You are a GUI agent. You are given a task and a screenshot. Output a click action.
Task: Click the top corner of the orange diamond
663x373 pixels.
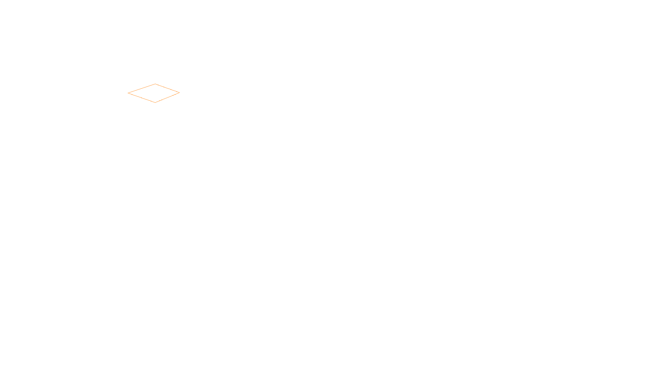click(155, 84)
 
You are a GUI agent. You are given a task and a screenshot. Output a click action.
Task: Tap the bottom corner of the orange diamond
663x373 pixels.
click(155, 102)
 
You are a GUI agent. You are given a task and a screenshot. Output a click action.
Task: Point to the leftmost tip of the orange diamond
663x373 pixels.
click(128, 93)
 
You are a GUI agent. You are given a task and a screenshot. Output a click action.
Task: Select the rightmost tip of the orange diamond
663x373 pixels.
click(179, 92)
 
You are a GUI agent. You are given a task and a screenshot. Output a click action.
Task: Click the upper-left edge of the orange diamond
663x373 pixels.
click(142, 89)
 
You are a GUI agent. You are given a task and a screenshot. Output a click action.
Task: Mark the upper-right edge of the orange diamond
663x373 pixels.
click(167, 88)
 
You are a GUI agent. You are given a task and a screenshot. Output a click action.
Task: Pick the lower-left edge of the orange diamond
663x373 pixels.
click(141, 98)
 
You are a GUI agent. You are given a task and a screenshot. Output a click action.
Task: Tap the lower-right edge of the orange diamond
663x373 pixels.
click(167, 97)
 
